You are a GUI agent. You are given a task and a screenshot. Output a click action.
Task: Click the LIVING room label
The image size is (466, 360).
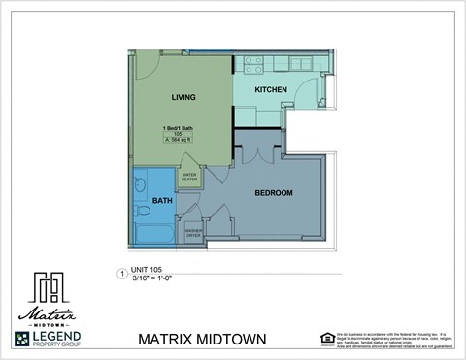(183, 97)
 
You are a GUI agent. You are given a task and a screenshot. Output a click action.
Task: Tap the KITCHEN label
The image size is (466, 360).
(271, 89)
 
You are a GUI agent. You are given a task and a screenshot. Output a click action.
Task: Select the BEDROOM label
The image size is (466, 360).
(274, 192)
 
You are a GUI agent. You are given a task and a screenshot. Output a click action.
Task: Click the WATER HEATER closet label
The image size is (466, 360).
(189, 177)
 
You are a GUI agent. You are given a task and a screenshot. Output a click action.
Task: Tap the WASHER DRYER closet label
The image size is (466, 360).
(192, 233)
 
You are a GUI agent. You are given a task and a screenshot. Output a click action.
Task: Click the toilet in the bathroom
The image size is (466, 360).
(143, 210)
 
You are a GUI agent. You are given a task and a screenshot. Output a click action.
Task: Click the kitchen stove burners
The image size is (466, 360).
(253, 64)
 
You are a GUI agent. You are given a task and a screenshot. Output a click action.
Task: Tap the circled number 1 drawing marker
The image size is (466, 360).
(121, 274)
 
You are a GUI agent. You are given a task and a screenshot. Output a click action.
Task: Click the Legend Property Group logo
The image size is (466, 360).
(48, 339)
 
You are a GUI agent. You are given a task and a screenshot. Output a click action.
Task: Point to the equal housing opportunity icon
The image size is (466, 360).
(326, 338)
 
